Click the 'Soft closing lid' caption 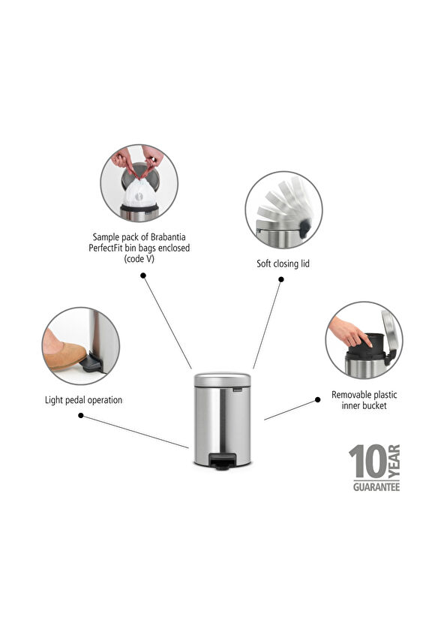tap(283, 263)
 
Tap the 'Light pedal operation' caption tap(82, 400)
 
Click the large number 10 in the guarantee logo tap(367, 463)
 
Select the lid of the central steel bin tap(222, 378)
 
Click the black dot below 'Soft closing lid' tap(281, 279)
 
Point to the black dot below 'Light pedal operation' tap(81, 415)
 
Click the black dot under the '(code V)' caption tap(142, 275)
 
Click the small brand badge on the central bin tap(238, 390)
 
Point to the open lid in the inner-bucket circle tap(389, 333)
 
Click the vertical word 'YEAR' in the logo tap(394, 462)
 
